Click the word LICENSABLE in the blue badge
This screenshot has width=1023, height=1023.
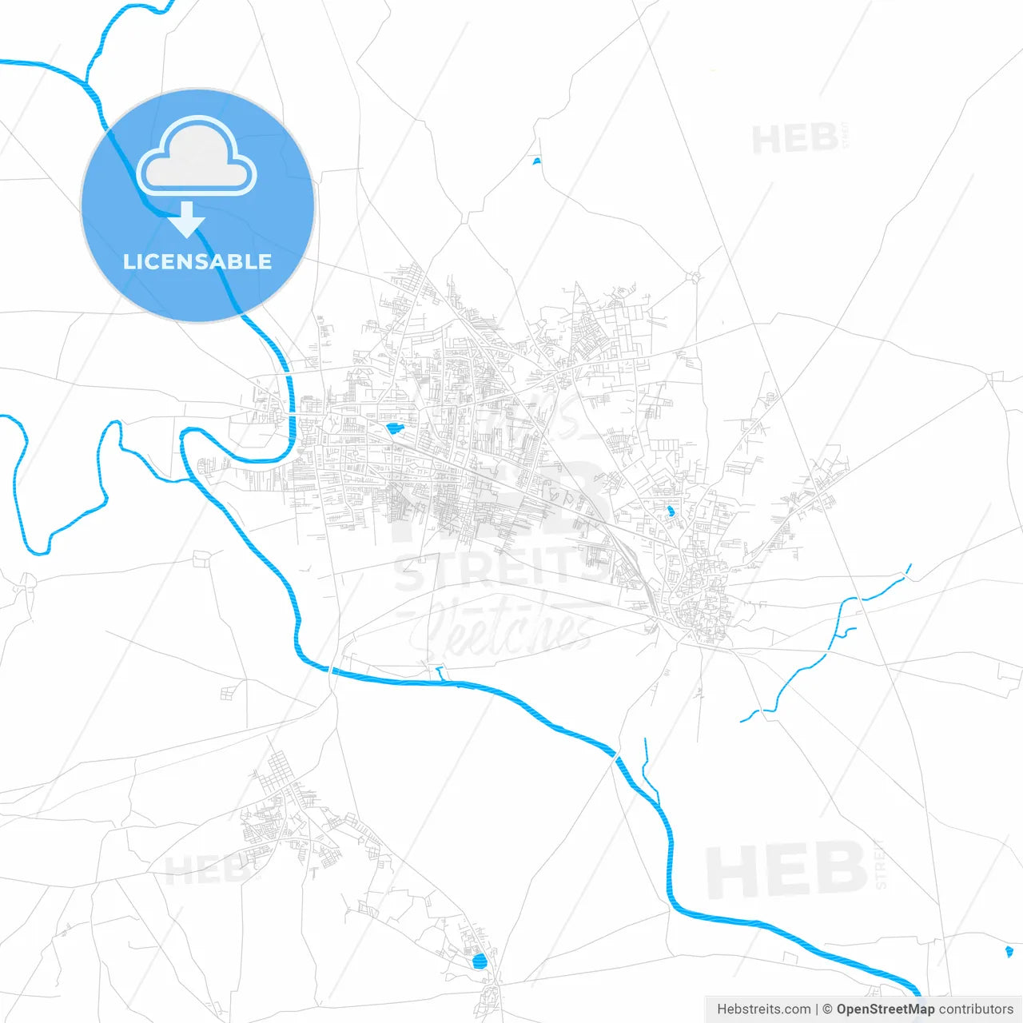click(197, 262)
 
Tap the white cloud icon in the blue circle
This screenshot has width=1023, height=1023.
click(197, 157)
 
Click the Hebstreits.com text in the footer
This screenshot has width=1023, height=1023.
click(763, 1009)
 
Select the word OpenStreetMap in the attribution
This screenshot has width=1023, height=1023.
click(886, 1009)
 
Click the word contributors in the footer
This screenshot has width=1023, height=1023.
click(976, 1009)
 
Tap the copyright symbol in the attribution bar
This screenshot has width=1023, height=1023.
click(827, 1009)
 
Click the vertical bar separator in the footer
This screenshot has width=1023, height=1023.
click(817, 1009)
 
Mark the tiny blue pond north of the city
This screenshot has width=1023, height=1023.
click(536, 161)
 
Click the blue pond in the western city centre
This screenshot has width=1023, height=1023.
click(394, 428)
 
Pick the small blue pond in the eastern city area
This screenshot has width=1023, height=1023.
click(670, 511)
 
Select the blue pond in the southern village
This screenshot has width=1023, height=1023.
click(480, 961)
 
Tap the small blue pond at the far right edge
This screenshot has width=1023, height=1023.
click(1009, 951)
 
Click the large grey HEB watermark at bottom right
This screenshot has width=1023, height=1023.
click(786, 870)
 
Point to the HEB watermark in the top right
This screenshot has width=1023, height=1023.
click(795, 140)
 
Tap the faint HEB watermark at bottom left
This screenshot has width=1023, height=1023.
click(204, 870)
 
